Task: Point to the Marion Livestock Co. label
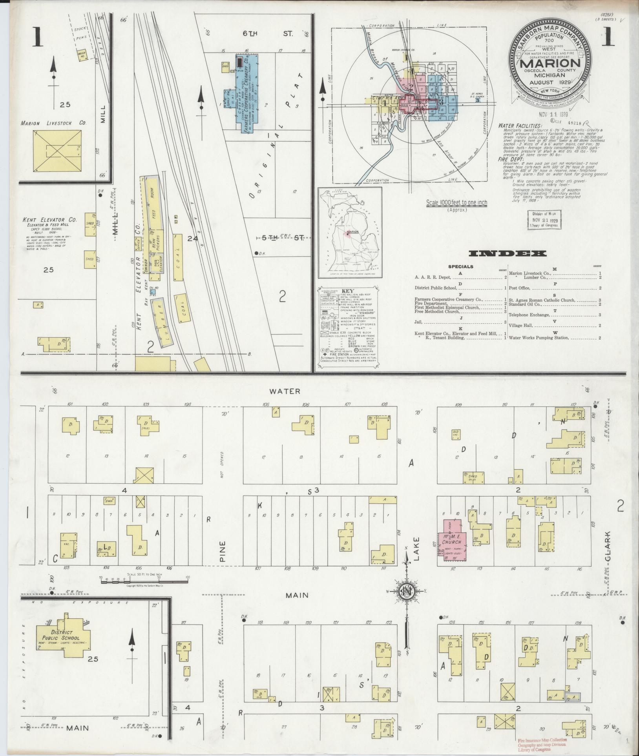point(53,123)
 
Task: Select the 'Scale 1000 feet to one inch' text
point(456,203)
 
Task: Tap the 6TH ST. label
point(267,34)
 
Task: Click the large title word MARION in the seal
point(551,63)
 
